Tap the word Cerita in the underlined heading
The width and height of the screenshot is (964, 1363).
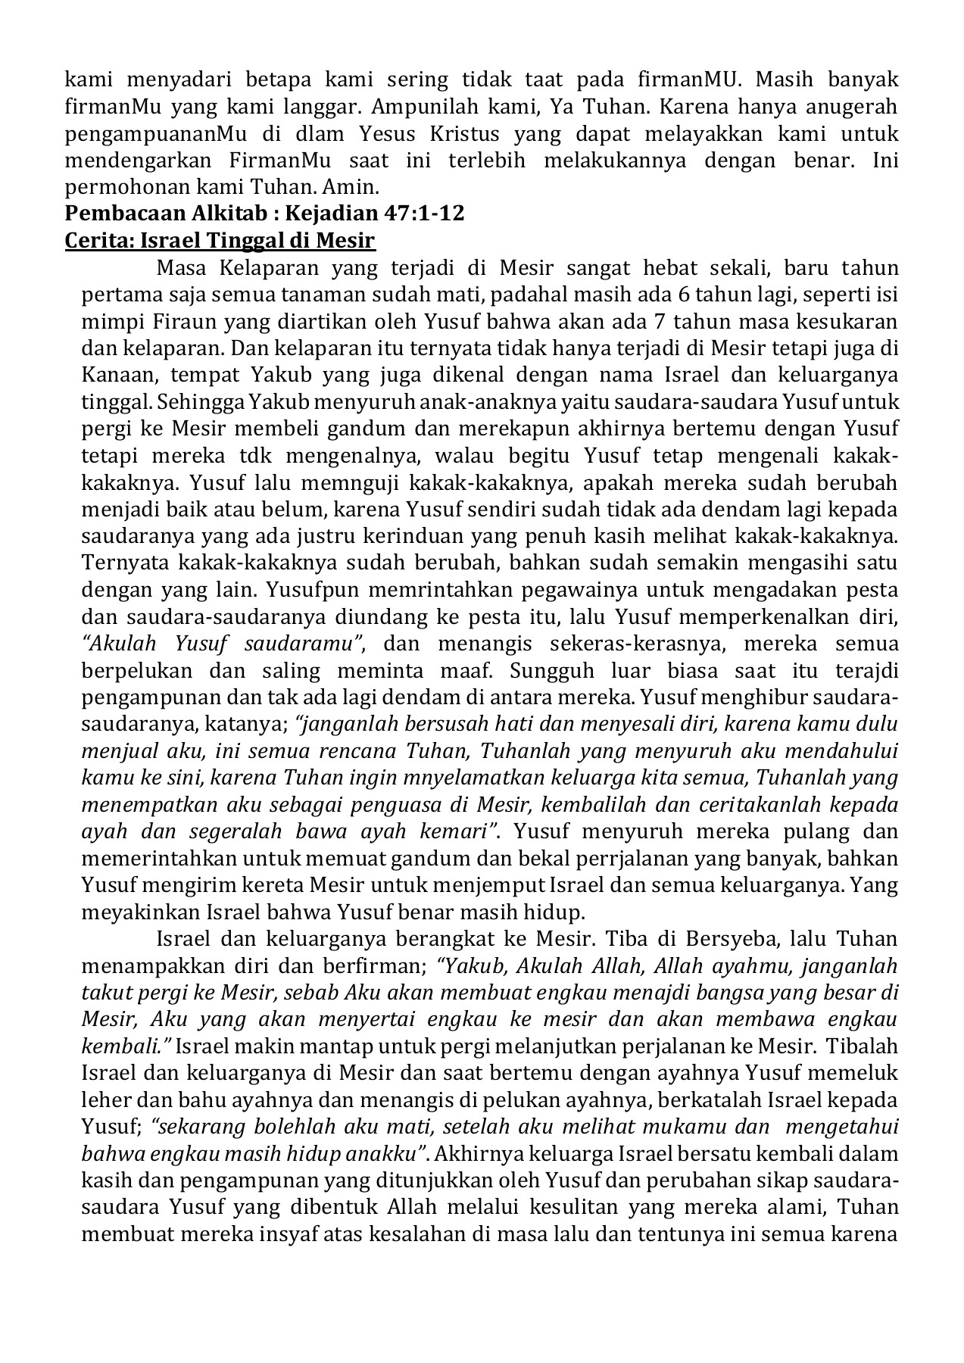[92, 241]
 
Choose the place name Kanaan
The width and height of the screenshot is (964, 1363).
[117, 374]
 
